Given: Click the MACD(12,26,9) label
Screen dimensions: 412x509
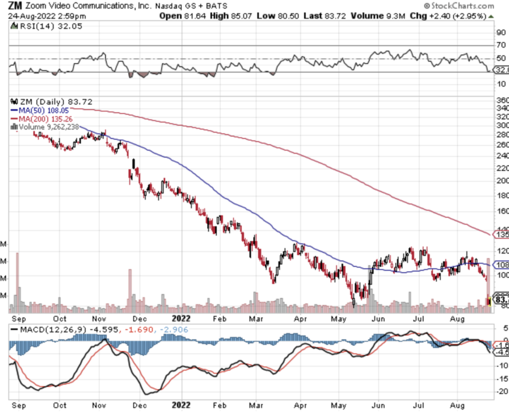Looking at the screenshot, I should point(52,329).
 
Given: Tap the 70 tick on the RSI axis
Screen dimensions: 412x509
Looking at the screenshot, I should point(501,45).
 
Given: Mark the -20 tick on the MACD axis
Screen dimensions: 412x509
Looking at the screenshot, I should point(500,392).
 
